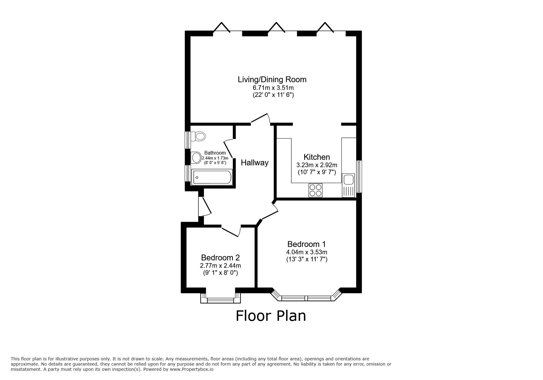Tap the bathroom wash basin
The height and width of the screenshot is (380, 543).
tap(195, 158)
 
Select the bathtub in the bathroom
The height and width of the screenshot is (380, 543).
tap(211, 177)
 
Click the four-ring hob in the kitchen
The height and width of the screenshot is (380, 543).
tap(315, 190)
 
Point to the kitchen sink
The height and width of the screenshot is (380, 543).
tap(349, 179)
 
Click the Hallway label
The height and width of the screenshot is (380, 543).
tap(254, 163)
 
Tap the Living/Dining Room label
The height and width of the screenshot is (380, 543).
tap(272, 79)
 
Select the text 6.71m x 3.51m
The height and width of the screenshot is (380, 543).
tap(272, 87)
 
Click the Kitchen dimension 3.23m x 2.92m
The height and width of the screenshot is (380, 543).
tap(317, 165)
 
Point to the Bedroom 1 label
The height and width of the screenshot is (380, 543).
tap(306, 244)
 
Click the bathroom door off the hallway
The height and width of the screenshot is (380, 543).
tap(228, 148)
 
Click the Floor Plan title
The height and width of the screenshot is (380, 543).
tap(271, 316)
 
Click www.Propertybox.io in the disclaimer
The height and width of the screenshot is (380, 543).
tap(192, 370)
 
